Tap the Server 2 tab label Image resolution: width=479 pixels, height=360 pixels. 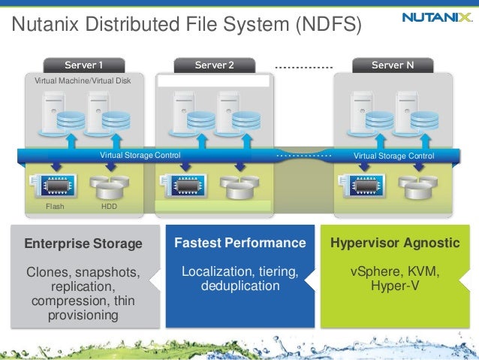point(214,65)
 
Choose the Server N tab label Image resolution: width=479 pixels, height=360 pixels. point(393,65)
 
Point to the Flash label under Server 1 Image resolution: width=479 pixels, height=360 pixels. point(55,206)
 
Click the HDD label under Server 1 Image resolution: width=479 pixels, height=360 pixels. point(110,206)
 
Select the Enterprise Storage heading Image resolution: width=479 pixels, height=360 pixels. point(83,244)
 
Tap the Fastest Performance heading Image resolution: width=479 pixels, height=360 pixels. point(240,244)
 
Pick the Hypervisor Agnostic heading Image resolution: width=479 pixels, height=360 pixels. point(395,244)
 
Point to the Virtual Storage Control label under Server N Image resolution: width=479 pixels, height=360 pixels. point(394,156)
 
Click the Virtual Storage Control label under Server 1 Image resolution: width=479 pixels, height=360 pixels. point(140,156)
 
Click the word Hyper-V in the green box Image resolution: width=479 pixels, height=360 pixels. point(395,286)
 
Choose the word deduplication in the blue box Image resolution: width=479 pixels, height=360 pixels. point(240,286)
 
